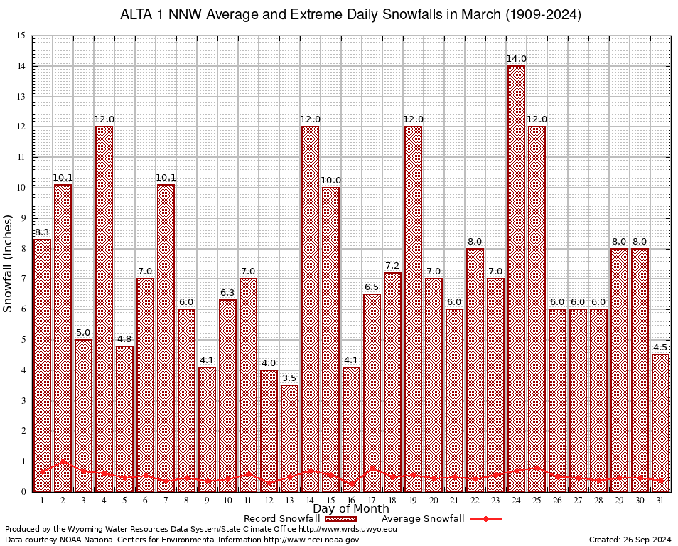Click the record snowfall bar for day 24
tap(516, 277)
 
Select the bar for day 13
tap(289, 437)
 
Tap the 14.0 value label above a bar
tap(517, 59)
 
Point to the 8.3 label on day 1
tap(42, 232)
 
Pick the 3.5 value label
tap(289, 378)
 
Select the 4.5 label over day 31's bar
tap(660, 348)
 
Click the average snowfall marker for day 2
tap(63, 461)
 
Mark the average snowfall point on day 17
tap(372, 469)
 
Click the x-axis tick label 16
tap(351, 500)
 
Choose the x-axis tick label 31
tap(660, 500)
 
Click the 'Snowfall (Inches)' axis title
tap(8, 263)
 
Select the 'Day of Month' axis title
tap(350, 509)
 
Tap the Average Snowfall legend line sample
tap(486, 519)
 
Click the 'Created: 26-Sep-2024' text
tap(630, 540)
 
